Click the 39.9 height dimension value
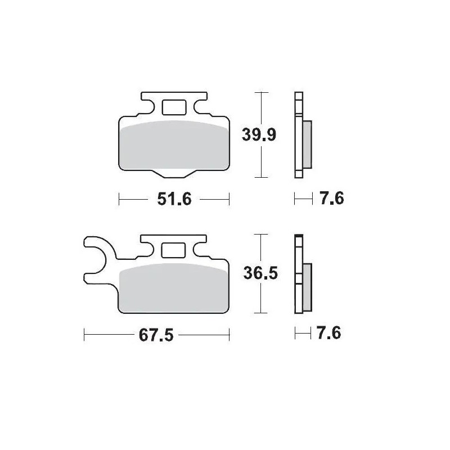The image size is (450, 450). point(258,135)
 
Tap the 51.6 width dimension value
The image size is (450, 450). point(173,199)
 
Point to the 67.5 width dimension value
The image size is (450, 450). point(155,336)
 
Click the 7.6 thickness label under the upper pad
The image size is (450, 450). point(330,199)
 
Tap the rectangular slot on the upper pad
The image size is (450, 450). point(174,107)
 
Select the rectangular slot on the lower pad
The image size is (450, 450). point(174,250)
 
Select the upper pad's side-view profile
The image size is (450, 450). point(298,135)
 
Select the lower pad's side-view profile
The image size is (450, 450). point(298,274)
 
